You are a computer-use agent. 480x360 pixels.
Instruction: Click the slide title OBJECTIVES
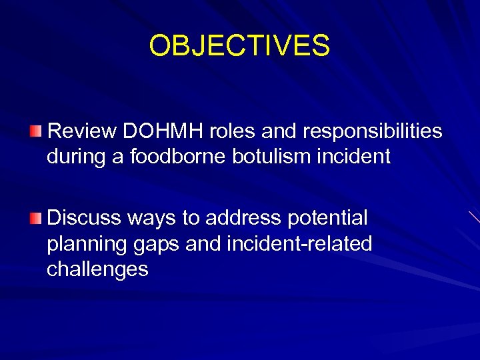click(239, 45)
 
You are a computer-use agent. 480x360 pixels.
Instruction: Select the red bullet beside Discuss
click(35, 217)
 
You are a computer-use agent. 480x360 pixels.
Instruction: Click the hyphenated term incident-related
click(300, 244)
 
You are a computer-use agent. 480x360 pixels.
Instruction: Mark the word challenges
click(97, 269)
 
